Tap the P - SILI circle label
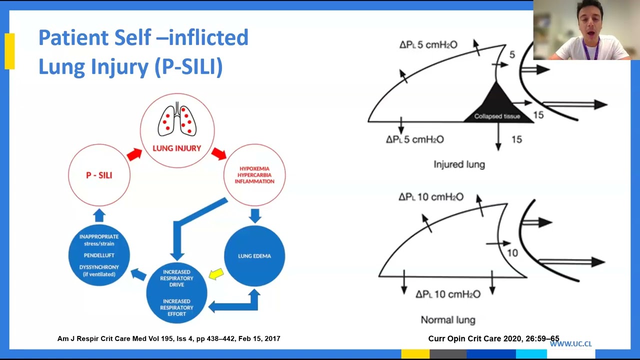99,175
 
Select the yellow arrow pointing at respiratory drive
216,273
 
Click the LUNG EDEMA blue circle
254,255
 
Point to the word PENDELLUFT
99,255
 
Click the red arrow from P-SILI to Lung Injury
134,154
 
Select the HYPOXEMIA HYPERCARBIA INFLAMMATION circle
254,175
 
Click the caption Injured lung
459,164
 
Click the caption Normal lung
448,320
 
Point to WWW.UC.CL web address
570,344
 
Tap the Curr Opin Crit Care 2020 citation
493,338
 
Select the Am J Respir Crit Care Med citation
168,338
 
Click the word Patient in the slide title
72,38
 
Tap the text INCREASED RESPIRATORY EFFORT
176,307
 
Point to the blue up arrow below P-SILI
99,215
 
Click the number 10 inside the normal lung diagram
512,253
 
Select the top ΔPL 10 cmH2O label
431,197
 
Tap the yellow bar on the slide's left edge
9,51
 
